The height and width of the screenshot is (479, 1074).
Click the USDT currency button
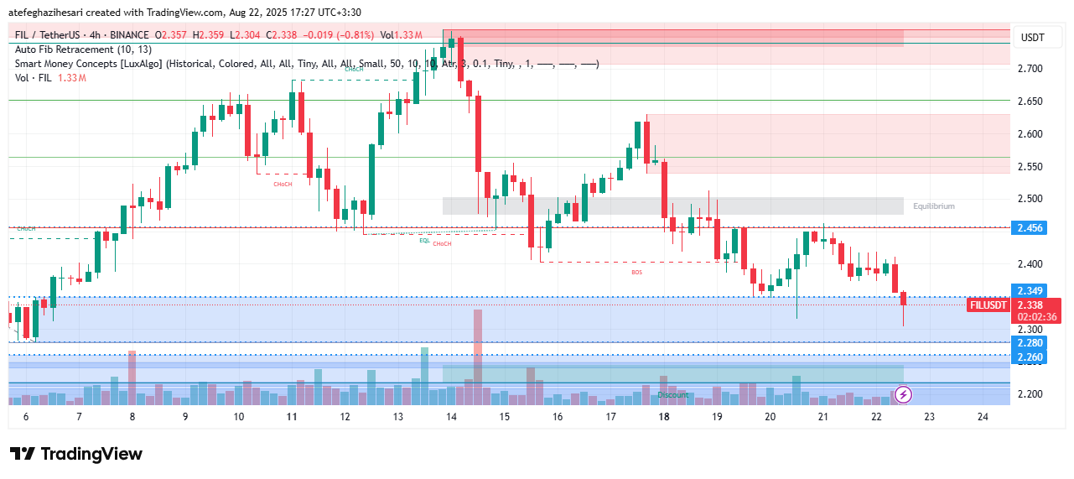coord(1033,37)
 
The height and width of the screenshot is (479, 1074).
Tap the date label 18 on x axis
coord(664,417)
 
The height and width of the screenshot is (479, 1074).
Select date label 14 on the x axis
coord(451,417)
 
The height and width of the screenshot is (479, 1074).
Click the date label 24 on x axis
coord(983,417)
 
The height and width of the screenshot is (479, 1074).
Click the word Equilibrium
coord(934,206)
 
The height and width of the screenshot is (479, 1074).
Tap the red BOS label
coord(636,272)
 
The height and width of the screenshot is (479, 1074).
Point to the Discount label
coord(672,394)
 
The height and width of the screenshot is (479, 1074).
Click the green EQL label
coord(424,240)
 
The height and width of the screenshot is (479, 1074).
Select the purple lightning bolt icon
coord(904,393)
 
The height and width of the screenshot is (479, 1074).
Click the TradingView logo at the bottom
coord(76,454)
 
